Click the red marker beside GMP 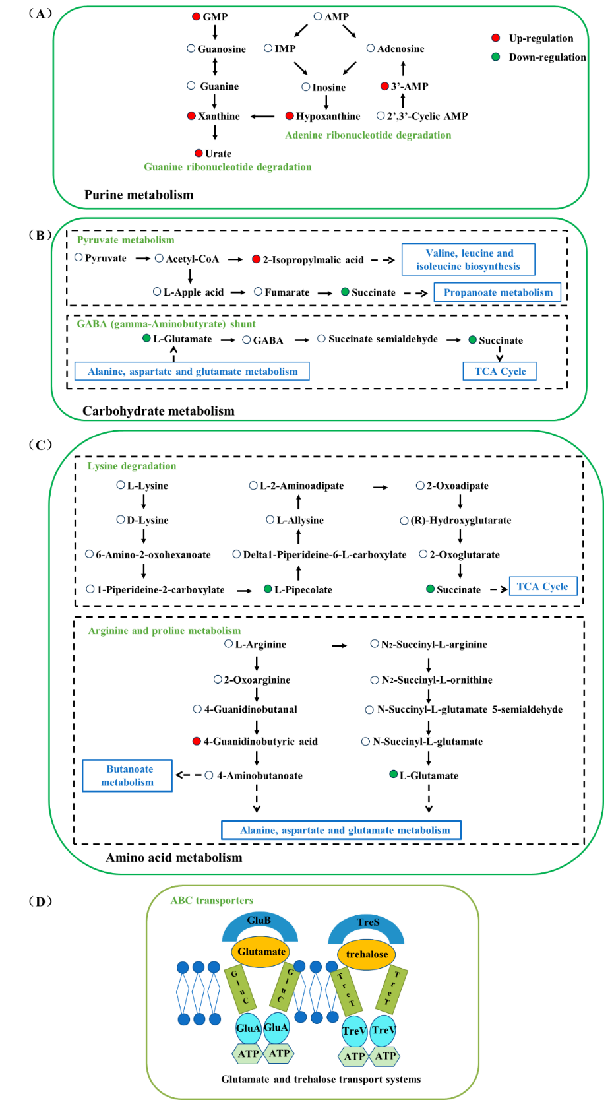pyautogui.click(x=196, y=16)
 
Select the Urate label pyautogui.click(x=218, y=154)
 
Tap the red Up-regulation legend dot pyautogui.click(x=495, y=38)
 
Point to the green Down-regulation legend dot pyautogui.click(x=495, y=57)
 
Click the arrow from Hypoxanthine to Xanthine pyautogui.click(x=262, y=117)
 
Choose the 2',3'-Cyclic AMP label pyautogui.click(x=427, y=116)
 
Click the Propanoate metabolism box pyautogui.click(x=498, y=292)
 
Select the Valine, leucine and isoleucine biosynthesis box pyautogui.click(x=468, y=259)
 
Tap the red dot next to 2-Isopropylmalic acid pyautogui.click(x=256, y=259)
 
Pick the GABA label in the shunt pyautogui.click(x=268, y=340)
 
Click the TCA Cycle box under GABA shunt pyautogui.click(x=500, y=372)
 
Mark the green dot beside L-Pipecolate pyautogui.click(x=268, y=589)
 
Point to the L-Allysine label pyautogui.click(x=300, y=520)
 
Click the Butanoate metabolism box pyautogui.click(x=127, y=775)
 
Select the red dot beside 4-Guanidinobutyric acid pyautogui.click(x=196, y=741)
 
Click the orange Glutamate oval pyautogui.click(x=261, y=952)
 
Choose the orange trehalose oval pyautogui.click(x=367, y=954)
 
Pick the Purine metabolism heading pyautogui.click(x=138, y=195)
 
